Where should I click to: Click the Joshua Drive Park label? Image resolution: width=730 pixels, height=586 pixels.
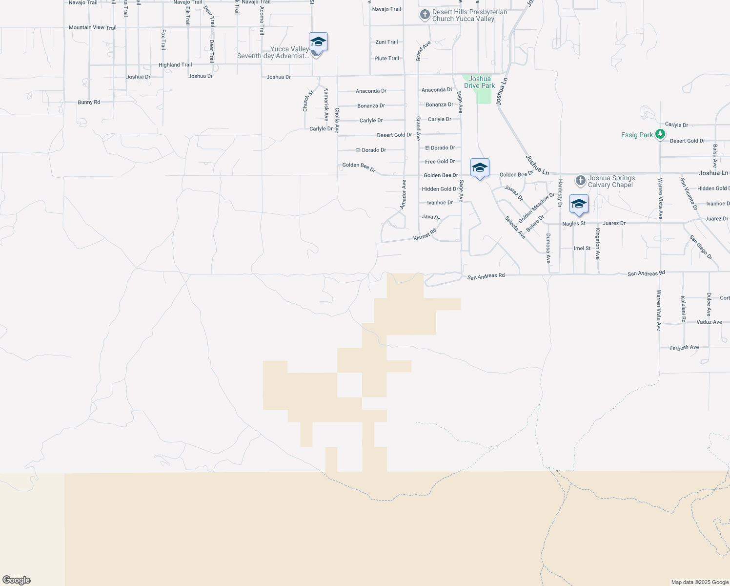pos(479,82)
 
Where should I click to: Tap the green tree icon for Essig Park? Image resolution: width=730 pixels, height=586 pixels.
pos(660,134)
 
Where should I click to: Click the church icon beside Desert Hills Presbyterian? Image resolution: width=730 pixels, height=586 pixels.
pos(425,15)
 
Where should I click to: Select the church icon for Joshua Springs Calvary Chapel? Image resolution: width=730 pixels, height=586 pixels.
pos(580,181)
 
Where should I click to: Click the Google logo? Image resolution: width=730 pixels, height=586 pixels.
pos(17,580)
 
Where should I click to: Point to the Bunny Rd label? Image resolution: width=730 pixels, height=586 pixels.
pos(89,102)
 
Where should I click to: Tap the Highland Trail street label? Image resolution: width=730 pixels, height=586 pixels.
pos(175,65)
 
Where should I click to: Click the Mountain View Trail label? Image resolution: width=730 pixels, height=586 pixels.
pos(92,27)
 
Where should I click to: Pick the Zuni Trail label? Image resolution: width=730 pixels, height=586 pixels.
pos(386,42)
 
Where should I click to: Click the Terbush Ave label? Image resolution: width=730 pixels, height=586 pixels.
pos(684,348)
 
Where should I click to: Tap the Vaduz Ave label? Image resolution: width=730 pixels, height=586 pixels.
pos(709,322)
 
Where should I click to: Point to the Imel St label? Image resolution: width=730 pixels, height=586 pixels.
pos(582,248)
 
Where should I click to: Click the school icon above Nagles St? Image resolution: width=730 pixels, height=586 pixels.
pos(579,204)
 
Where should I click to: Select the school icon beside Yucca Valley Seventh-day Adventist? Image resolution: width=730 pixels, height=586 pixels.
pos(318,42)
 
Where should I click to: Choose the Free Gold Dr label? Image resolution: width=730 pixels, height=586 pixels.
pos(440,162)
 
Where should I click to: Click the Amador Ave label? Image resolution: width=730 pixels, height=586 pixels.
pos(404,195)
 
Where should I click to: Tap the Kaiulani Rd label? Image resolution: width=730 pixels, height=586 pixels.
pos(684,309)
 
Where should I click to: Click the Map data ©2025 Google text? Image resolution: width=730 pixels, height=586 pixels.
pos(700,582)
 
